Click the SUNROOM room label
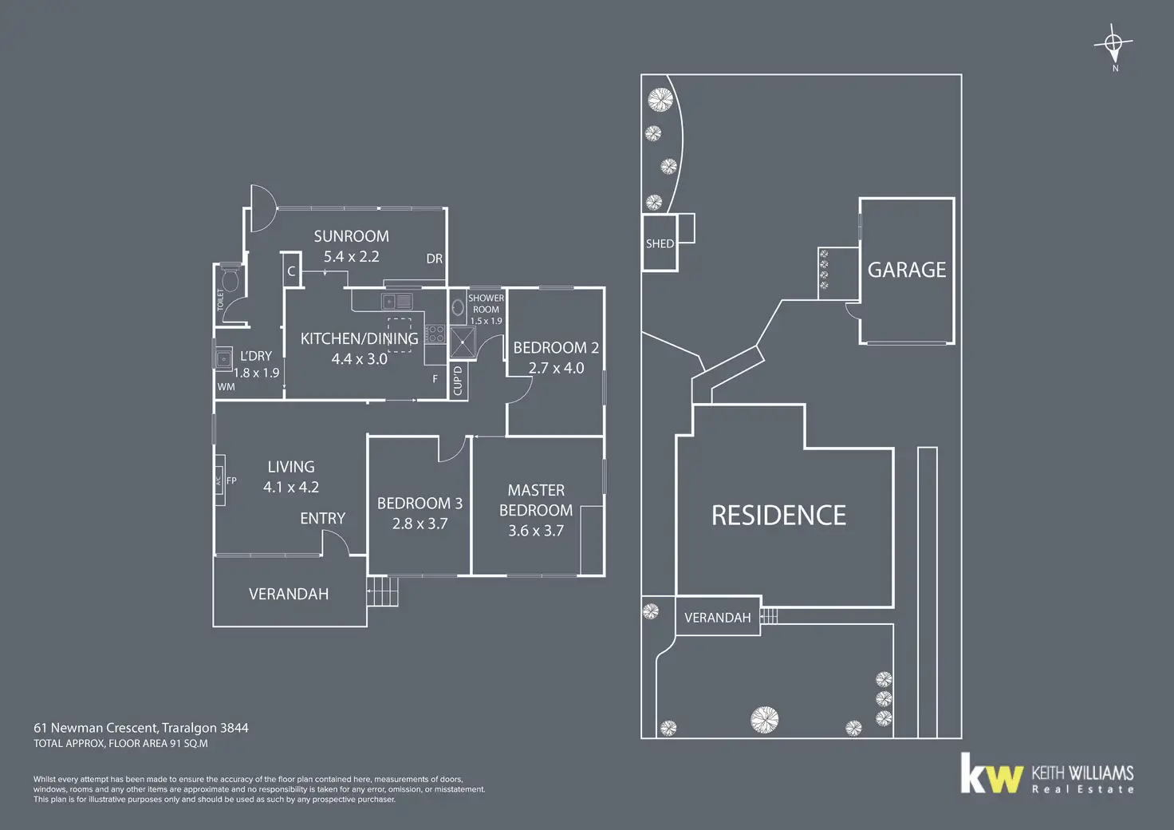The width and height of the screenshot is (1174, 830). coord(351,236)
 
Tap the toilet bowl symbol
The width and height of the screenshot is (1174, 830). coord(230,280)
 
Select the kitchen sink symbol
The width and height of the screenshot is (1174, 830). coord(397,301)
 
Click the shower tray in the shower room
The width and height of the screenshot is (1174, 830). coord(462,342)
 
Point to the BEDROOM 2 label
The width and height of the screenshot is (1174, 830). coord(556,348)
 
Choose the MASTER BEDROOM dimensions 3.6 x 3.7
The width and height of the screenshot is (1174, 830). coord(536,531)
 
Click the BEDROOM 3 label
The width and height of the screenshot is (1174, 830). coord(420,504)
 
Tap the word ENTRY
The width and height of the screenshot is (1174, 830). coord(322,519)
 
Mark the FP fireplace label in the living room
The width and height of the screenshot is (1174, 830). coord(231,480)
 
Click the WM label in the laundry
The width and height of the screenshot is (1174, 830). coord(227,387)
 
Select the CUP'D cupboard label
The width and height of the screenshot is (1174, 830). coord(458,380)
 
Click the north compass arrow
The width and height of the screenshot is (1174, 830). coord(1114,43)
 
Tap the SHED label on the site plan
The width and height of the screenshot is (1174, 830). coord(660,244)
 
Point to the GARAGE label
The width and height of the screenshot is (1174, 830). coord(907,271)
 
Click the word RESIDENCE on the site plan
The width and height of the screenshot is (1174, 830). coord(778,516)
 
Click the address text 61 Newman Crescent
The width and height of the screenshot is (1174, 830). coord(96,728)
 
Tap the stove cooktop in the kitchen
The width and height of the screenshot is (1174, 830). coord(435,334)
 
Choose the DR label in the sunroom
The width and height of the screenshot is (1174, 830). coord(434,259)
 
